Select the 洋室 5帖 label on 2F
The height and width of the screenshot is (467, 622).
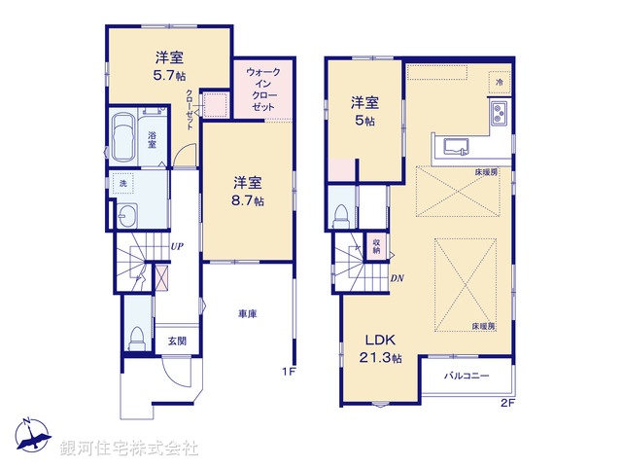363,108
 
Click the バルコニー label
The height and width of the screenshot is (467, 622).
466,375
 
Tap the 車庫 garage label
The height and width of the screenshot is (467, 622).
247,313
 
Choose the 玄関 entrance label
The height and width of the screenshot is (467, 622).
177,340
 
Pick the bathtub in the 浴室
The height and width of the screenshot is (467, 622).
125,138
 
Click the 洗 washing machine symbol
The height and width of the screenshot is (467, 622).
122,183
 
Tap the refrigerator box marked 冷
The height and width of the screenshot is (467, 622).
499,84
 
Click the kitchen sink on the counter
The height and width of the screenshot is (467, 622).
457,147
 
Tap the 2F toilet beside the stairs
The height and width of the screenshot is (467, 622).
341,213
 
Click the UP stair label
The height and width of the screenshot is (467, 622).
177,247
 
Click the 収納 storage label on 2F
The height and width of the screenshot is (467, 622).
376,245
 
